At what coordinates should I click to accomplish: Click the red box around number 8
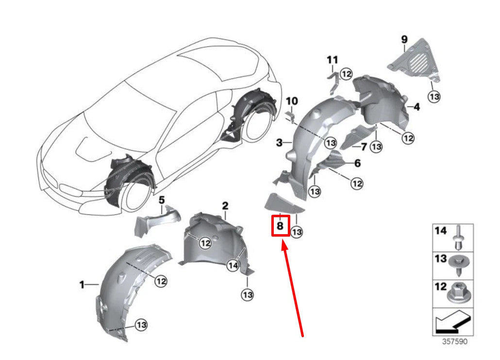point(280,226)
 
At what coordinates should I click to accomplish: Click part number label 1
point(82,284)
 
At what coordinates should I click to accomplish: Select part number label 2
point(225,206)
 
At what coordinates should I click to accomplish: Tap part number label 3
point(279,143)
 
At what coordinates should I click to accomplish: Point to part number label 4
point(416,105)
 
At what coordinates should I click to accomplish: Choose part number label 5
point(162,200)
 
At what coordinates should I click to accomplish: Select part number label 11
point(332,60)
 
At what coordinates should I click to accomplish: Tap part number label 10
point(291,101)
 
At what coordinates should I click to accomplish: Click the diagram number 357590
point(454,342)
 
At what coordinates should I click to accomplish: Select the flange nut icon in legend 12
point(457,291)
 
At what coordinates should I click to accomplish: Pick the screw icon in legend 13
point(457,263)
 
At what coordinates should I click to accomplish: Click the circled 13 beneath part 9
point(434,97)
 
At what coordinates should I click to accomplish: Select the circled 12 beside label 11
point(346,74)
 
